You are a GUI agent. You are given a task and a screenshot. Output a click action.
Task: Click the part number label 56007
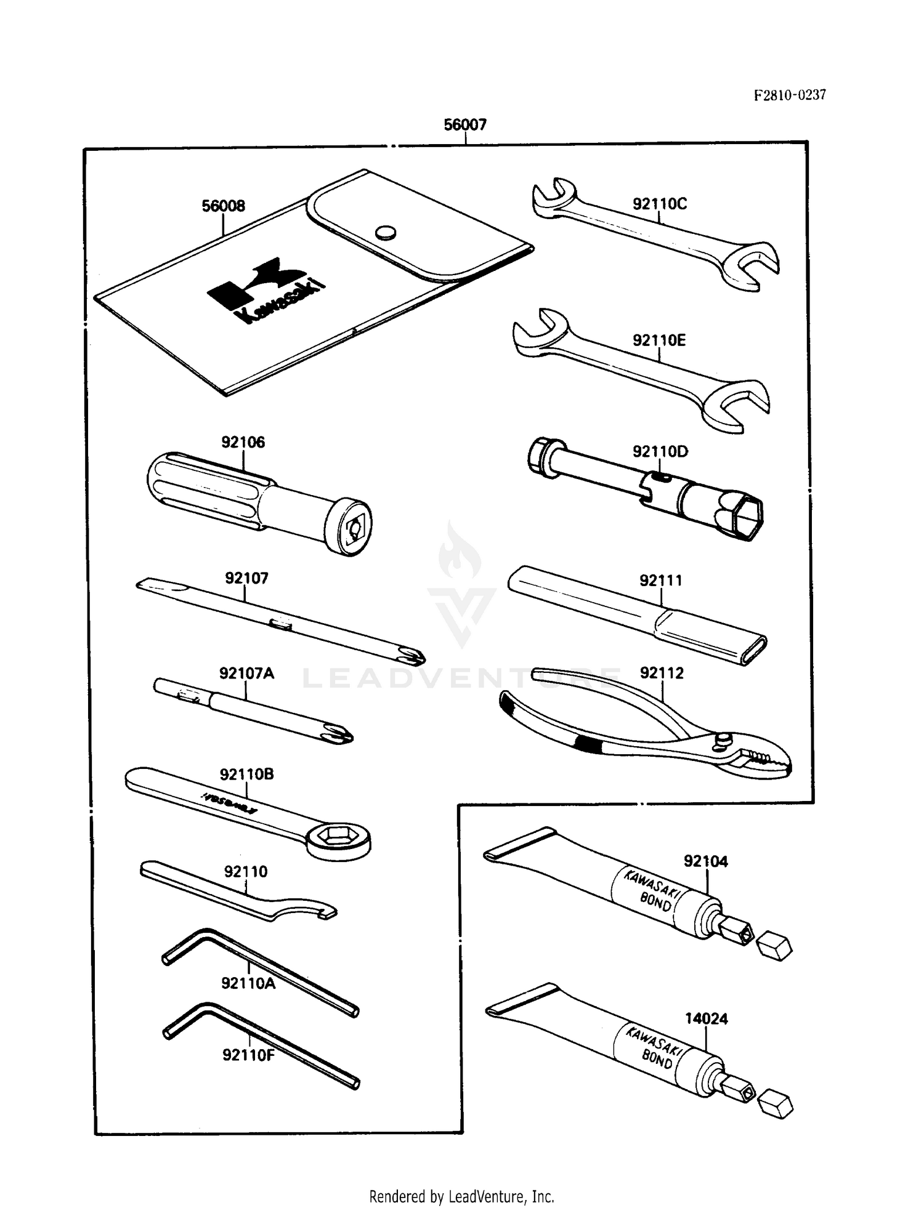click(x=465, y=125)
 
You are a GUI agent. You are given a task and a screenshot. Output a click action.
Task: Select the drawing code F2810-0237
click(x=790, y=95)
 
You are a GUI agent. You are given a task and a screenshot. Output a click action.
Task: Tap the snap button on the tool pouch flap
click(x=386, y=232)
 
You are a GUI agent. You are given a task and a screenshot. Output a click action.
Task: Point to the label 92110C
click(x=659, y=204)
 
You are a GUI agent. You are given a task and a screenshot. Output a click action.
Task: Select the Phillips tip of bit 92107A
click(x=340, y=733)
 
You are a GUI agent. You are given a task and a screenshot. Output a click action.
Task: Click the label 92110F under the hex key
click(x=248, y=1055)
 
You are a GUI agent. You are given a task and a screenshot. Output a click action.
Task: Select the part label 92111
click(x=661, y=581)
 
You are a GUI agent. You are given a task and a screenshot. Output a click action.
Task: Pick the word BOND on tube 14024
click(x=657, y=1060)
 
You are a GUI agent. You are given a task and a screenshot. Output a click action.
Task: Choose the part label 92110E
click(x=659, y=340)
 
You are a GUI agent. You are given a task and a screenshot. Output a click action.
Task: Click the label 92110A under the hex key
click(x=248, y=983)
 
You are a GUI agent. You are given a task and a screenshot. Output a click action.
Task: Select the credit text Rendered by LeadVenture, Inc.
click(x=461, y=1179)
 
